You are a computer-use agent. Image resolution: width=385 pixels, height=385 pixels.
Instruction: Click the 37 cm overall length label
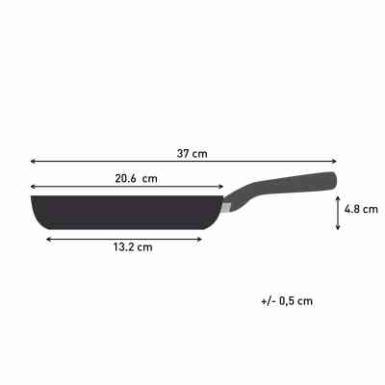192,152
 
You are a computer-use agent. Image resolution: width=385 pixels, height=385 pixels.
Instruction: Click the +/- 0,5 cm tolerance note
287,300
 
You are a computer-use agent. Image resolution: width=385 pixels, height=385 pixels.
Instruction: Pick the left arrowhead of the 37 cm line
33,163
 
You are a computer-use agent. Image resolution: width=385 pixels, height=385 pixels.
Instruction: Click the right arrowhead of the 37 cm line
336,163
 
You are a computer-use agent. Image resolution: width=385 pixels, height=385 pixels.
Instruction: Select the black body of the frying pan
125,210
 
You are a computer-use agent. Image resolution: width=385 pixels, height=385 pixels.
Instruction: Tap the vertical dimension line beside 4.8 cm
337,213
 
